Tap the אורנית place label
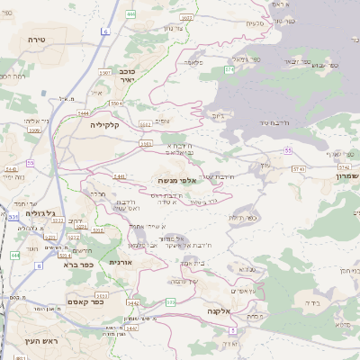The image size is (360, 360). click(x=121, y=262)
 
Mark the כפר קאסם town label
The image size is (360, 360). click(x=86, y=302)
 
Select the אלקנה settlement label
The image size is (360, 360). click(x=220, y=310)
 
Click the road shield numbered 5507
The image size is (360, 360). click(x=187, y=16)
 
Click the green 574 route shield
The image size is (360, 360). click(x=229, y=68)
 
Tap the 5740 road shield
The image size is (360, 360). click(x=298, y=169)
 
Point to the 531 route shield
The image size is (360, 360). click(x=13, y=217)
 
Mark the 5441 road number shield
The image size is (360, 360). click(x=119, y=176)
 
